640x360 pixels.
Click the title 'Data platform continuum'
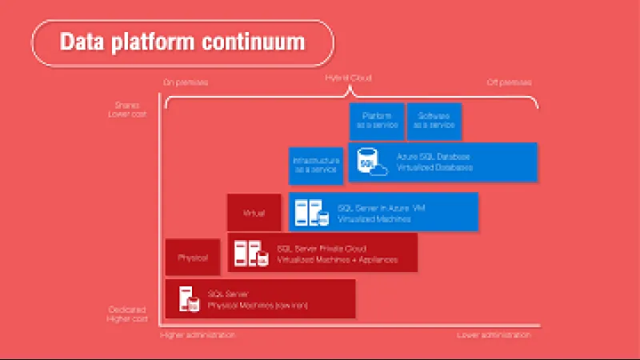pos(182,41)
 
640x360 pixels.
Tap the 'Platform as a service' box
pos(376,120)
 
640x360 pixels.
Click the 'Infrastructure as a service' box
pos(317,166)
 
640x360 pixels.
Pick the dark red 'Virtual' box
pos(254,213)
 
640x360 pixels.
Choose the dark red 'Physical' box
pos(193,258)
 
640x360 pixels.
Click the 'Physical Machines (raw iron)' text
pos(258,305)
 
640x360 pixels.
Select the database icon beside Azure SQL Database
pos(370,162)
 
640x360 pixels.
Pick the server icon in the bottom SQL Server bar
pos(188,299)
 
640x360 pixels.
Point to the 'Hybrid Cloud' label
pos(348,78)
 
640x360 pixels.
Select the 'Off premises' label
pos(510,82)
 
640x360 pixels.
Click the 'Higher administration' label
pos(198,335)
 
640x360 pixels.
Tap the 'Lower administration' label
pos(494,335)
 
